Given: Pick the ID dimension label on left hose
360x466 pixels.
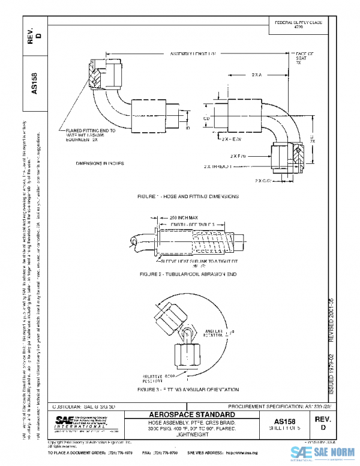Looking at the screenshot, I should (187, 128).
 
